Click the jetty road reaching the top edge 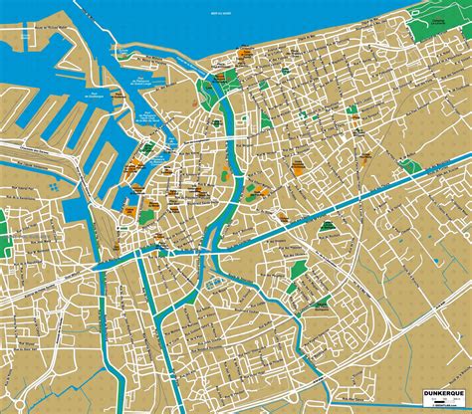tap(109, 20)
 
